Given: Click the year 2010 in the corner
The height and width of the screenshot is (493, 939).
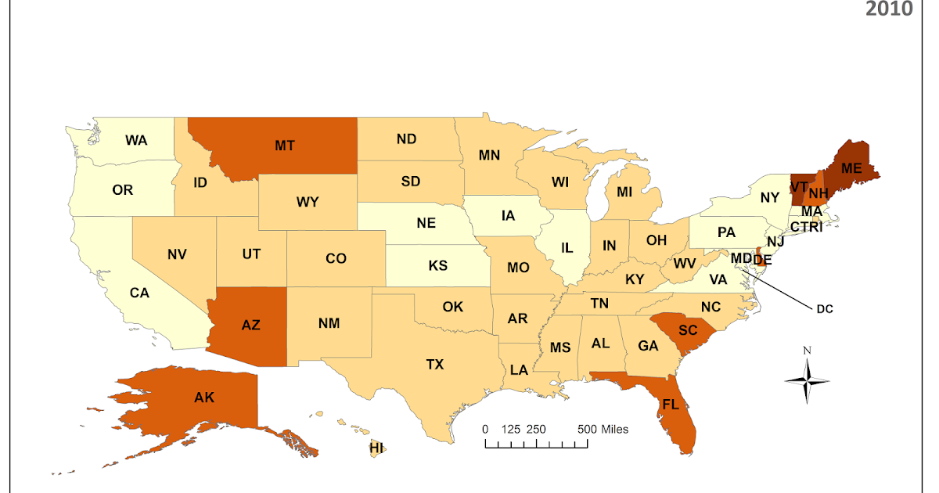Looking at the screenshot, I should pyautogui.click(x=890, y=9).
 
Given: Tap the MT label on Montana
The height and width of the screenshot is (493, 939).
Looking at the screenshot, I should pyautogui.click(x=284, y=145).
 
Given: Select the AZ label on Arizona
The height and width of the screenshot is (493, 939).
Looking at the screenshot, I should pyautogui.click(x=250, y=326).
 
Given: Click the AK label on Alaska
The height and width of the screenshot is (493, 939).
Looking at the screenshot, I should pyautogui.click(x=204, y=398).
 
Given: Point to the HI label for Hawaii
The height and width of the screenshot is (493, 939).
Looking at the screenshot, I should pyautogui.click(x=377, y=448).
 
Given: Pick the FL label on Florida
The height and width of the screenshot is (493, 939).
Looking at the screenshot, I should pyautogui.click(x=671, y=405).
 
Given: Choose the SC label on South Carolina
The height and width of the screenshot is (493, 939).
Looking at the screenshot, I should pyautogui.click(x=687, y=330).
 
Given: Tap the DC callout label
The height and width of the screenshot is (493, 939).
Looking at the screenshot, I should pyautogui.click(x=825, y=309).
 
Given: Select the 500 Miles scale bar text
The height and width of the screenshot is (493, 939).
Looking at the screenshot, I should pyautogui.click(x=603, y=430).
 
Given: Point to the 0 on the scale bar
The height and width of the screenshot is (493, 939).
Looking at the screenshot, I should pyautogui.click(x=485, y=430).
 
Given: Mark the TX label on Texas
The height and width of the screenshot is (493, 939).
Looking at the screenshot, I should pyautogui.click(x=434, y=364).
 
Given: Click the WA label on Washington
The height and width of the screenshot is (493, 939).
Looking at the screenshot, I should pyautogui.click(x=136, y=140).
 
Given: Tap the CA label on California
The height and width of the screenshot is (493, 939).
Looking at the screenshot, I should pyautogui.click(x=139, y=293).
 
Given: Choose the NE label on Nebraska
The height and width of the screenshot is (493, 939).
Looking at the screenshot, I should pyautogui.click(x=426, y=222).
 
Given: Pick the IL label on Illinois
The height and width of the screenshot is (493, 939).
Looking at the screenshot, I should pyautogui.click(x=567, y=248).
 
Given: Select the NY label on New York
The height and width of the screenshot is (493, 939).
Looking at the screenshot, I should pyautogui.click(x=770, y=197).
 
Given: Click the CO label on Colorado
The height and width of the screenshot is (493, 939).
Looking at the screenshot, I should pyautogui.click(x=336, y=258).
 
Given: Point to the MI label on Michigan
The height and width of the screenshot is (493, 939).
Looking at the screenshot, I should pyautogui.click(x=624, y=191).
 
